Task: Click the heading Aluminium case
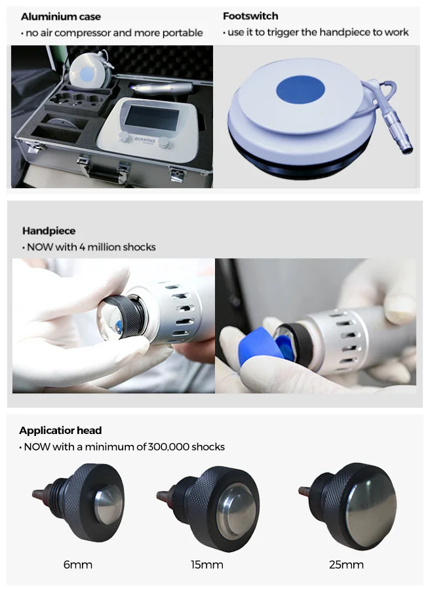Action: click(61, 16)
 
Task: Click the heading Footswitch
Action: click(250, 16)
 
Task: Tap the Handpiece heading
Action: click(49, 231)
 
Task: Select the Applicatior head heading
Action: click(60, 431)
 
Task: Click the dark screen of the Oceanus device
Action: click(152, 116)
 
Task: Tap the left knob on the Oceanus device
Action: click(123, 136)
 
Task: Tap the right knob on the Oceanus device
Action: click(164, 143)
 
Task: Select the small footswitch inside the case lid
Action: click(89, 70)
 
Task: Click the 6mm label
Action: click(78, 565)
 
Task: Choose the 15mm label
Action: click(207, 565)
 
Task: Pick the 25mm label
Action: click(346, 565)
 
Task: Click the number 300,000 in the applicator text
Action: click(168, 447)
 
